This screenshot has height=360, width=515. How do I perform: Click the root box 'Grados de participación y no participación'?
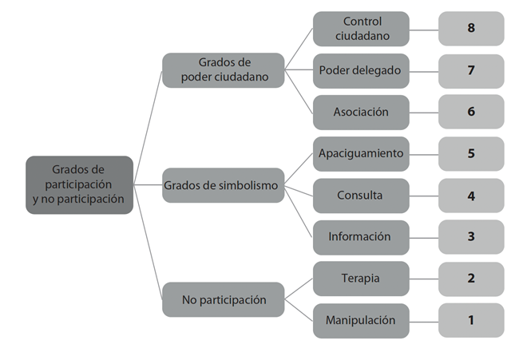coord(79,184)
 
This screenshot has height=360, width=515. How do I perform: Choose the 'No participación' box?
coord(223,300)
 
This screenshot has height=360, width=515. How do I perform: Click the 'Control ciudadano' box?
coord(361,29)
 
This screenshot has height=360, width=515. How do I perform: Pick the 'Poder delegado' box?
coord(361,70)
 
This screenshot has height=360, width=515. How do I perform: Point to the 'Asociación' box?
coord(361,112)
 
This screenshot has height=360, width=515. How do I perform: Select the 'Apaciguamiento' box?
coord(361,153)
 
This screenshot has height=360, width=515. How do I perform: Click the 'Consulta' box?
coord(361,195)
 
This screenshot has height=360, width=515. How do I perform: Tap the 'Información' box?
coord(361,236)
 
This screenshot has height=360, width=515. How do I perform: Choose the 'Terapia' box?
coord(361,279)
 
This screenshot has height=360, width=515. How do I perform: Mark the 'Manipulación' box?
coord(361,320)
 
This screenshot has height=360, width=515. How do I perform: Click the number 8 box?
coord(471,29)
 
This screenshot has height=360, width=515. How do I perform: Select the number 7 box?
coord(471,70)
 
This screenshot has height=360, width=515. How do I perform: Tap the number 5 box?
coord(471,153)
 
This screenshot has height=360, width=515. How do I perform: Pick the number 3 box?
coord(471,236)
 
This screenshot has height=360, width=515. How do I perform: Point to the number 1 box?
coord(471,320)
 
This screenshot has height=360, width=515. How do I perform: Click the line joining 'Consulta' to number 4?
coord(424,196)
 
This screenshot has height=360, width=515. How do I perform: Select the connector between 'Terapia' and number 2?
coord(424,279)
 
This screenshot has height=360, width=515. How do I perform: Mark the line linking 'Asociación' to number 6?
coord(424,112)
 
